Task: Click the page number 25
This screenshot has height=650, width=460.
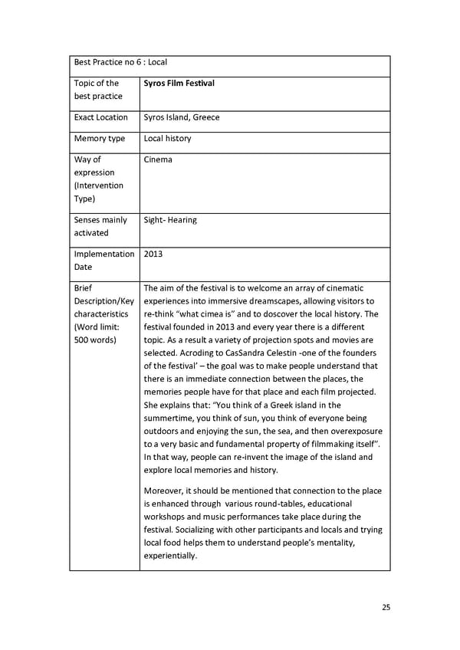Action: pos(386,607)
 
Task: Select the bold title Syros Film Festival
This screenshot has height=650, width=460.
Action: pos(179,83)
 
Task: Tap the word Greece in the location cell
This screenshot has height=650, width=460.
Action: pos(206,117)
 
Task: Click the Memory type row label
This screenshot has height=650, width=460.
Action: pos(100,139)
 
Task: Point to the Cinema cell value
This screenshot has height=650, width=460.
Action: pos(158,159)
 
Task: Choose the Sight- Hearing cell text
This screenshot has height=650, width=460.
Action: pos(170,220)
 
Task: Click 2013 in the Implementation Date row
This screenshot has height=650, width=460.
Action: pos(153,254)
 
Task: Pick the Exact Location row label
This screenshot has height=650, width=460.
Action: pos(101,117)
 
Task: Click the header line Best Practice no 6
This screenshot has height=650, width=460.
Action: pos(120,62)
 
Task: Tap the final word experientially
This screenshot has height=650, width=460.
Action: pos(170,556)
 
